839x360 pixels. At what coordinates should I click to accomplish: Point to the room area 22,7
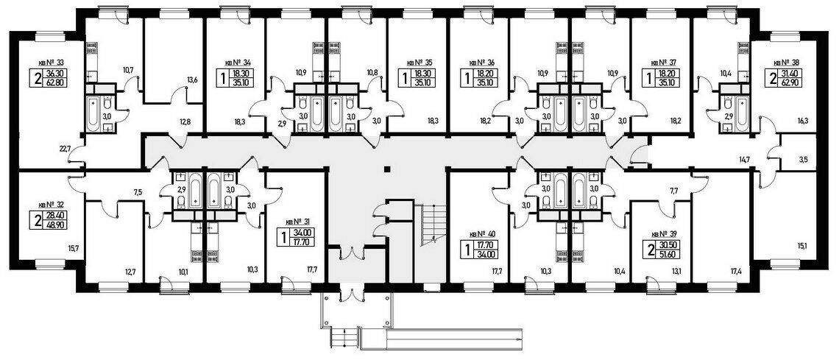[64, 149]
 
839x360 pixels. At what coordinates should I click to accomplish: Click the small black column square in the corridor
[386, 170]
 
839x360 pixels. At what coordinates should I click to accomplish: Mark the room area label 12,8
[185, 121]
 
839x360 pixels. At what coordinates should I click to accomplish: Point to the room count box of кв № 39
[651, 250]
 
